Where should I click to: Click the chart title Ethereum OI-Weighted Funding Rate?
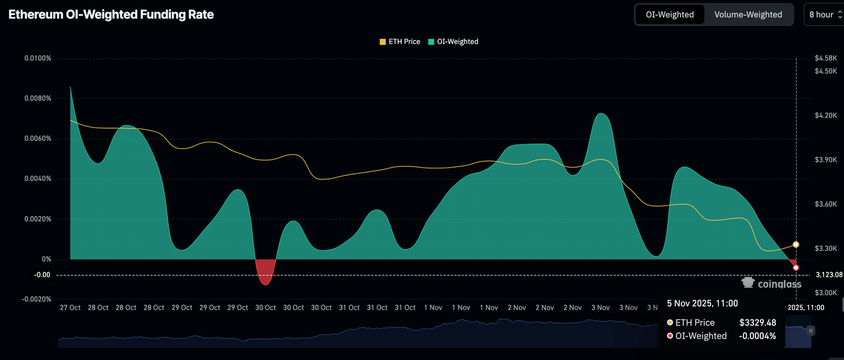point(111,15)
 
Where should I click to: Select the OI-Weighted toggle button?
point(669,15)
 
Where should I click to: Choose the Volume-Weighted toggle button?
point(748,15)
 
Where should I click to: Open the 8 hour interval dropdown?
point(825,15)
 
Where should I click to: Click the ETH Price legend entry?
point(400,42)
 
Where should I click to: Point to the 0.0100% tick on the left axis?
point(37,58)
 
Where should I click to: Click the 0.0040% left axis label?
point(37,179)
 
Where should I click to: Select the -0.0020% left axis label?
point(36,299)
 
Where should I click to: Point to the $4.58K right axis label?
point(826,58)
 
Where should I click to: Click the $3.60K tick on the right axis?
point(826,204)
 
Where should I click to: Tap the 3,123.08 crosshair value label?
point(829,274)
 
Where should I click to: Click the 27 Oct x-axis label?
point(70,308)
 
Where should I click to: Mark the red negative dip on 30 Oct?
point(265,272)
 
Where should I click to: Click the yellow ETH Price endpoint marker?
point(796,245)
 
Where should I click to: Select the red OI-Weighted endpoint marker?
point(796,268)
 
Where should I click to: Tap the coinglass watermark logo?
point(771,284)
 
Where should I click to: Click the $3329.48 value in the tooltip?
point(758,323)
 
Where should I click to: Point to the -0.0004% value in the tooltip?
point(758,336)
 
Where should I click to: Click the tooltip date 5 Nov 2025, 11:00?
point(702,303)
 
